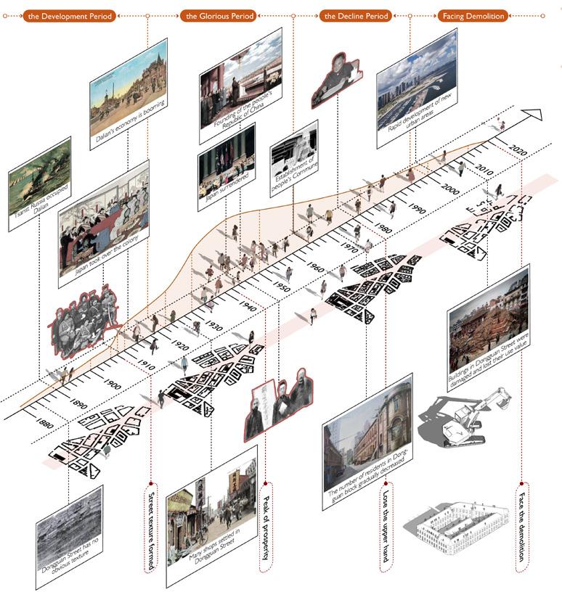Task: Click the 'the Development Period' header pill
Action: click(x=69, y=15)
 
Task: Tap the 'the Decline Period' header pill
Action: click(x=356, y=15)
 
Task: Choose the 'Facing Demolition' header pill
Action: click(x=473, y=15)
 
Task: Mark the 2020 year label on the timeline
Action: click(x=517, y=151)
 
